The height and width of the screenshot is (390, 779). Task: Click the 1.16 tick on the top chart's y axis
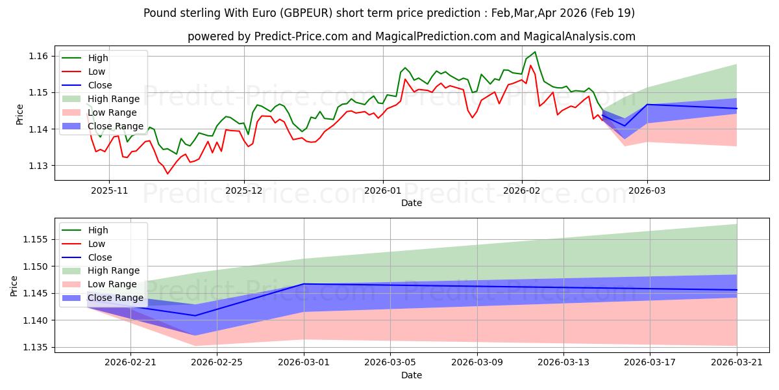[x=38, y=56]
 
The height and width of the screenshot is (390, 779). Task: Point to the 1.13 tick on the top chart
[x=38, y=166]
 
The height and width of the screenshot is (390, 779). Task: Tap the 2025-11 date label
[x=109, y=190]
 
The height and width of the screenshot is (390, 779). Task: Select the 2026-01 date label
[x=382, y=190]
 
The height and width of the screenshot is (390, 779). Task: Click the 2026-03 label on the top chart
[x=647, y=190]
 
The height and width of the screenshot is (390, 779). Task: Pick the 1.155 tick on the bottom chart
[x=35, y=240]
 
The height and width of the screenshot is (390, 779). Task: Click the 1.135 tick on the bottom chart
[x=35, y=348]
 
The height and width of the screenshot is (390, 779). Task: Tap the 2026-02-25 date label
[x=217, y=363]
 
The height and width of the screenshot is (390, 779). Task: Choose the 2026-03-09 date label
[x=477, y=363]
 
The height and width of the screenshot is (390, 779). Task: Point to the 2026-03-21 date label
[x=737, y=363]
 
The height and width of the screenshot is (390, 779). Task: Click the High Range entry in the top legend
[x=114, y=99]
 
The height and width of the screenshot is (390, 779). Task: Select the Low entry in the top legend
[x=96, y=71]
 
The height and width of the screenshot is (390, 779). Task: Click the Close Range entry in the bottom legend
[x=115, y=298]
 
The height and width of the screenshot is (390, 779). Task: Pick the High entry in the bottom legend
[x=98, y=230]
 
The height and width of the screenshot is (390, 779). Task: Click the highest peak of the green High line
[x=535, y=52]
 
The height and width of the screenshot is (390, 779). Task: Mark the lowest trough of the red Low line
[x=167, y=174]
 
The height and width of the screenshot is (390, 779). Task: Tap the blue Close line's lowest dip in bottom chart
[x=195, y=316]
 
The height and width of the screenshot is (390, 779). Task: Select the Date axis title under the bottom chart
[x=412, y=376]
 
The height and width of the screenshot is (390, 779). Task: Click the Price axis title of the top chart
[x=19, y=114]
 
